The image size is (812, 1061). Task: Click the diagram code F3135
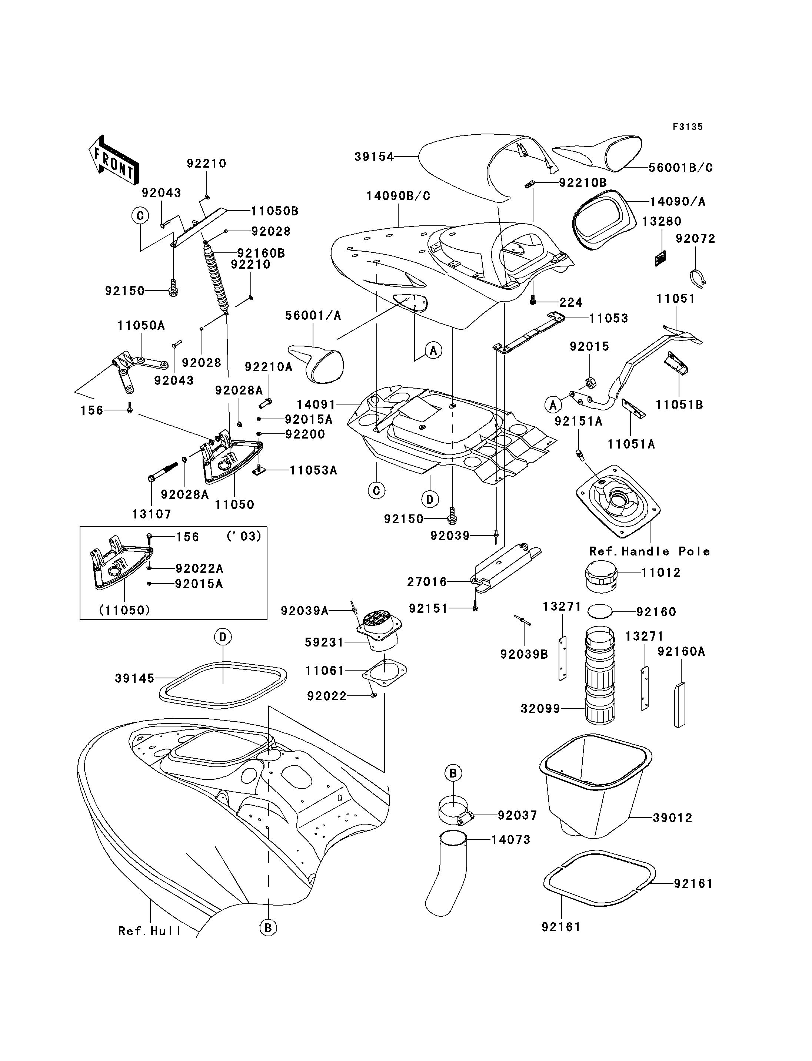click(x=688, y=127)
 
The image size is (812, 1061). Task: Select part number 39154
click(x=374, y=157)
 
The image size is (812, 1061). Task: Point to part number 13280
click(x=662, y=221)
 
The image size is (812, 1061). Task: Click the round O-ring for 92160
click(x=600, y=611)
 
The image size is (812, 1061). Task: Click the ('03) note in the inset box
click(x=244, y=537)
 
